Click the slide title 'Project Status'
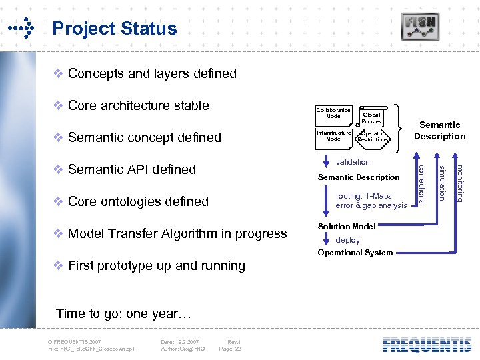tap(114, 29)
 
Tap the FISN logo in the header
tap(420, 27)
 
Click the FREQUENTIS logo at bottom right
tap(427, 345)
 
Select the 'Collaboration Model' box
tap(333, 113)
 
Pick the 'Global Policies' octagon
tap(371, 118)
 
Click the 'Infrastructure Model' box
tap(333, 136)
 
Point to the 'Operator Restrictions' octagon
tap(372, 136)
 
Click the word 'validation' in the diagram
tap(353, 162)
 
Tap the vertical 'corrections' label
tap(421, 181)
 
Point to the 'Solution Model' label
tap(347, 227)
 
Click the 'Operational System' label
tap(355, 253)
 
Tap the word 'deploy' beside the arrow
tap(347, 240)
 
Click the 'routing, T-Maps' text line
tap(364, 196)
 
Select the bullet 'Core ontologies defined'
tap(138, 201)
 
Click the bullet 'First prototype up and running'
tap(156, 265)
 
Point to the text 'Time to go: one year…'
tap(123, 313)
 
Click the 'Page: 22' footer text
tap(230, 349)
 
